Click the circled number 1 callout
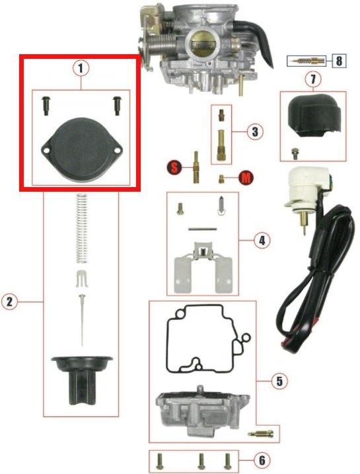(x=81, y=68)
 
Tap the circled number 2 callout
(x=9, y=301)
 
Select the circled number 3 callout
(x=255, y=132)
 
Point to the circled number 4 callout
(x=262, y=241)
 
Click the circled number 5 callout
(x=279, y=381)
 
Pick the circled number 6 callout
(x=262, y=460)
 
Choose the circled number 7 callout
(x=313, y=79)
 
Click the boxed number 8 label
(x=339, y=61)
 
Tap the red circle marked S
(x=174, y=167)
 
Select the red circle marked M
(x=246, y=178)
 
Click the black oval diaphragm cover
(x=81, y=150)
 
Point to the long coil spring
(x=81, y=228)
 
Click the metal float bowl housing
(x=202, y=411)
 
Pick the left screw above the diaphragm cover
(x=46, y=106)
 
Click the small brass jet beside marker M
(x=221, y=179)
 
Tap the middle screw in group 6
(x=201, y=461)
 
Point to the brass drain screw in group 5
(x=261, y=434)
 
